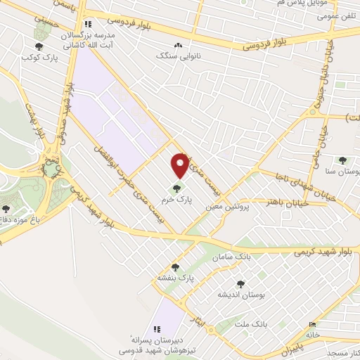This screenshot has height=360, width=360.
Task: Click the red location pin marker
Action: [180, 164]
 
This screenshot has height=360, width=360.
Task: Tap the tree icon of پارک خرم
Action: [176, 188]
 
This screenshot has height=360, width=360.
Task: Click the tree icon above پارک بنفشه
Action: [176, 266]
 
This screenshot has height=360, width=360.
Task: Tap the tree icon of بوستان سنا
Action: [342, 160]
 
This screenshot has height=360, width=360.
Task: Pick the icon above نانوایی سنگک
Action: [178, 45]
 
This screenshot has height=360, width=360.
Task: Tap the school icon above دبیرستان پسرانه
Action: [157, 328]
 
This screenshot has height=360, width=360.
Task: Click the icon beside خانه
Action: [313, 324]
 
